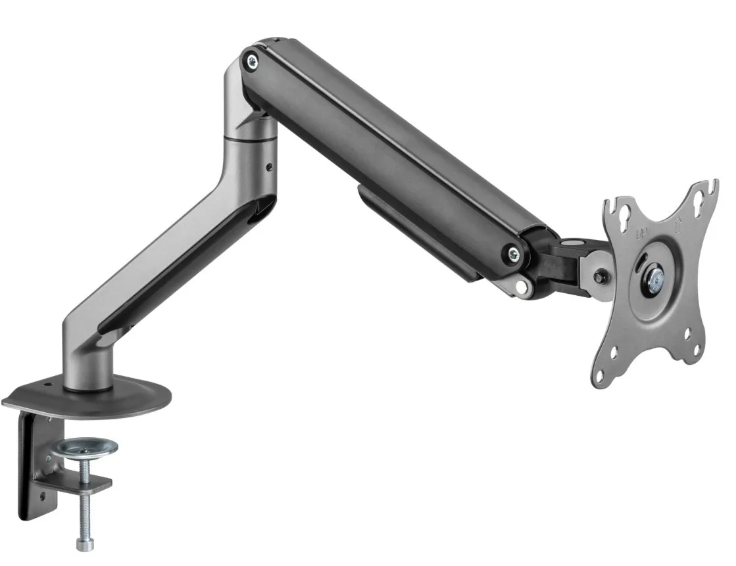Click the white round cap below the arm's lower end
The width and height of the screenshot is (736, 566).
point(524,287)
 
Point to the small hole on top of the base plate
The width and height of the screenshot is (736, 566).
point(47,385)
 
